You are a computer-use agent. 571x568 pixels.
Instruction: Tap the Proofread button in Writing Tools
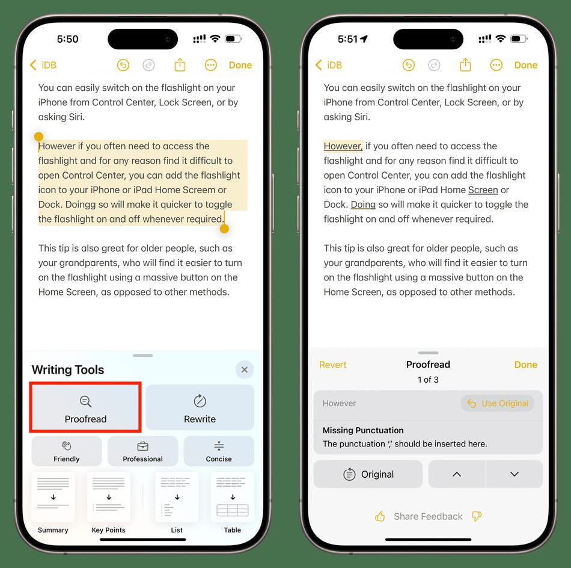[x=85, y=407]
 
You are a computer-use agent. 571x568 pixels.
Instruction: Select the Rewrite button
[x=200, y=407]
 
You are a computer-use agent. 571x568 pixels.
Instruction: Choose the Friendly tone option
[x=66, y=451]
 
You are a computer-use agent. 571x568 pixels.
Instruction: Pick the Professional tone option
[x=143, y=451]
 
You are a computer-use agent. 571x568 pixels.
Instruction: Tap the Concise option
[x=219, y=451]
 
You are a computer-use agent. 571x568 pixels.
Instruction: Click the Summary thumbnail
[x=53, y=497]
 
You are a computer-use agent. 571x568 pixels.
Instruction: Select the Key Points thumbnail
[x=109, y=497]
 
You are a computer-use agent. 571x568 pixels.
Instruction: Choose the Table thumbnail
[x=233, y=497]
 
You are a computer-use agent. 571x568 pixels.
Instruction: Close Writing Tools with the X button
[x=245, y=369]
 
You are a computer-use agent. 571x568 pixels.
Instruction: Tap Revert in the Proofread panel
[x=333, y=365]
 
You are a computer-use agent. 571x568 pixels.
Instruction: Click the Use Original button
[x=498, y=403]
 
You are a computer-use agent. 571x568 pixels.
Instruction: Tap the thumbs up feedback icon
[x=380, y=516]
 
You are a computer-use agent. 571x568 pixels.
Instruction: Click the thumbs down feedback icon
[x=476, y=516]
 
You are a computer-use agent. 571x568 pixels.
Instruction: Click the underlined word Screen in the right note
[x=483, y=190]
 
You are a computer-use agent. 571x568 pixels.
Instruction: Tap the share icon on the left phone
[x=180, y=65]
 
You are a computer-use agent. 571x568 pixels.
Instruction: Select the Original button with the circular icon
[x=368, y=474]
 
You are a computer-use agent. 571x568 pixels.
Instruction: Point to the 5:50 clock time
[x=68, y=39]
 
